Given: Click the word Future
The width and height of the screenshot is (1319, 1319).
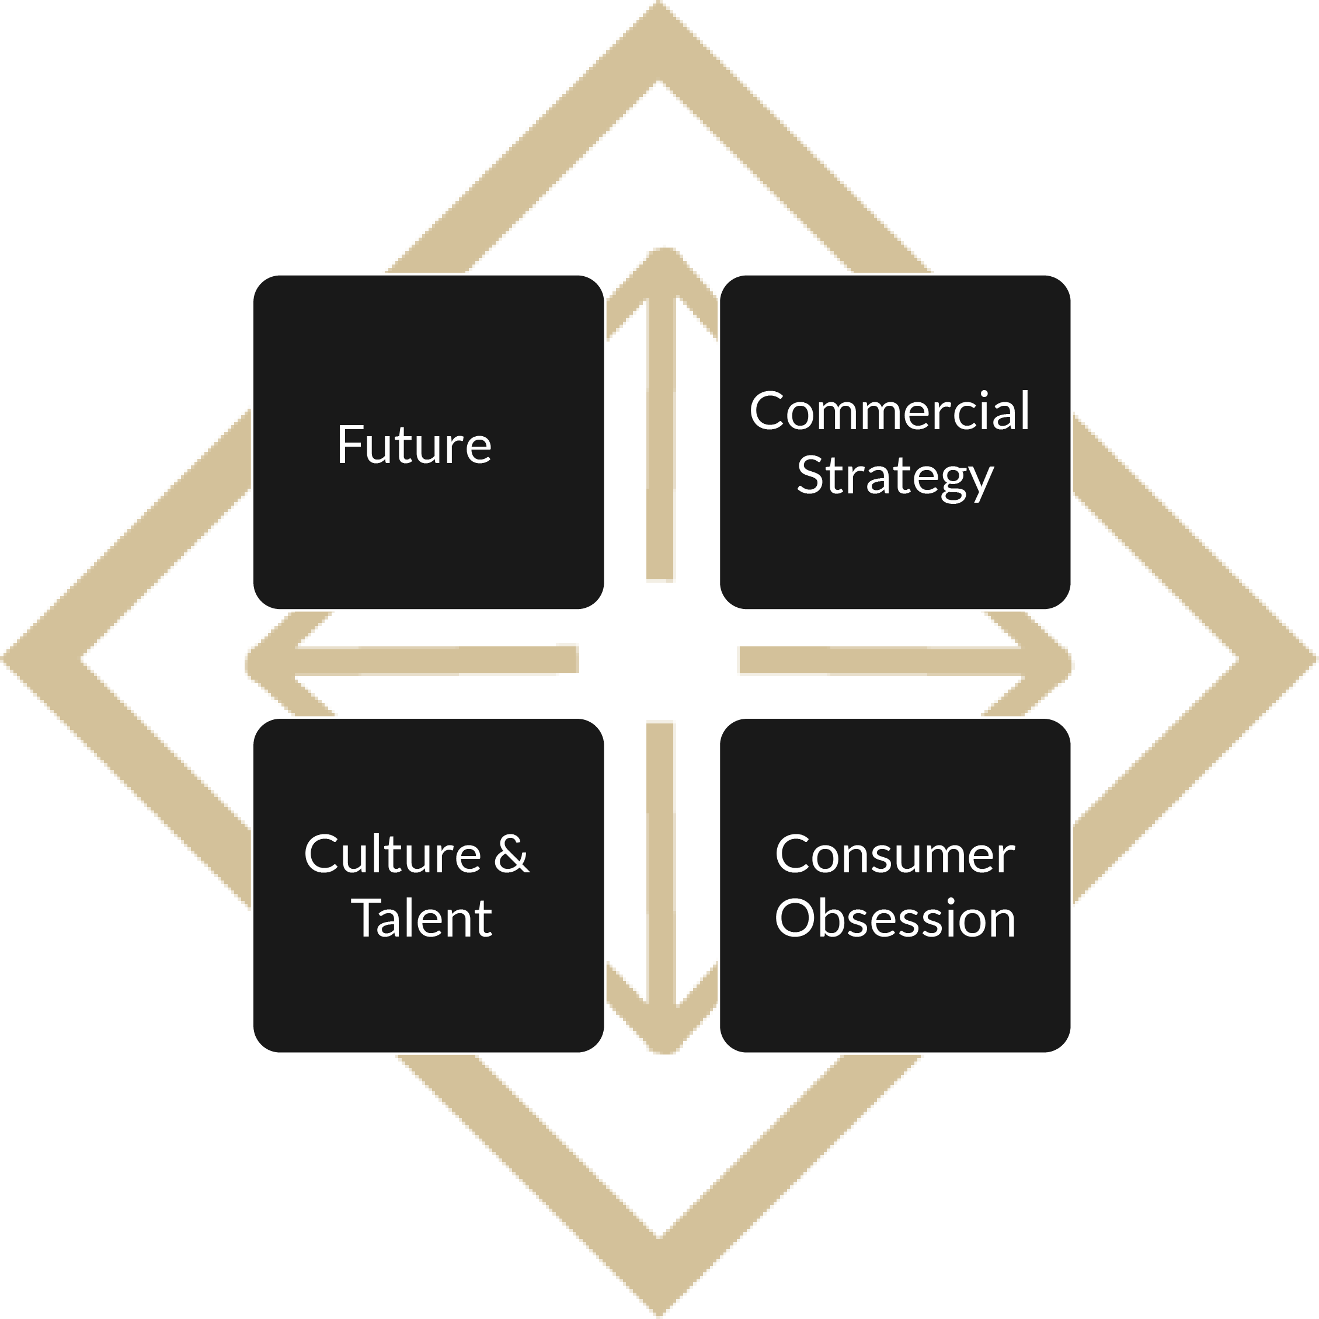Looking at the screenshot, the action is point(414,444).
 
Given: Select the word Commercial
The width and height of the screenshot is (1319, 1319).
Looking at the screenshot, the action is point(890,411).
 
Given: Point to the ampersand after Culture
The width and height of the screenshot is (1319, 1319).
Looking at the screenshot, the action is point(511,854).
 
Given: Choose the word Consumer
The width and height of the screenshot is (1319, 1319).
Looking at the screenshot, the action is point(895,855).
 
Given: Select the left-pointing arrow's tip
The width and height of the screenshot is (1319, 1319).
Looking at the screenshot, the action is point(247,662).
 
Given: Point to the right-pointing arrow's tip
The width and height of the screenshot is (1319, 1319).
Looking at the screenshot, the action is point(1070,662).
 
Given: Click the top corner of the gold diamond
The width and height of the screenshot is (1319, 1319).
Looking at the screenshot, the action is point(659,2).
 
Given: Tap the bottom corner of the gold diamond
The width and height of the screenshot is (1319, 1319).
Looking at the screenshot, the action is point(659,1316).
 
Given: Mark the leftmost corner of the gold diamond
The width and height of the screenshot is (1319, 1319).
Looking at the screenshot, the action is point(2,660).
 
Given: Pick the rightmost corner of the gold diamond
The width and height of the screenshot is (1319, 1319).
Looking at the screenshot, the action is point(1316,660).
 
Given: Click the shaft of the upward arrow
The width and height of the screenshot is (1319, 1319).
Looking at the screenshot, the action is point(660,437).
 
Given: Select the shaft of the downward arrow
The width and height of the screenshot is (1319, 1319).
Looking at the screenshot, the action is point(660,864).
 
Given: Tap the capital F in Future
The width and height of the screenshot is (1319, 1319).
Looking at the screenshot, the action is point(350,444).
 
